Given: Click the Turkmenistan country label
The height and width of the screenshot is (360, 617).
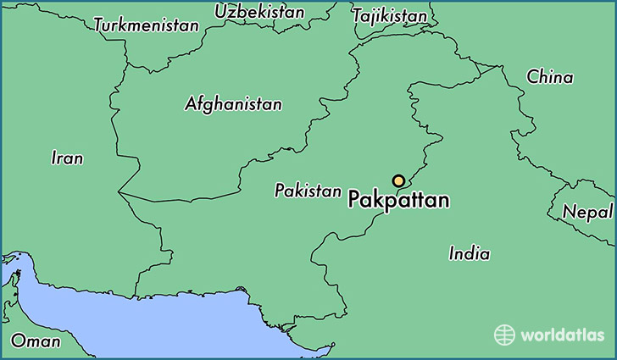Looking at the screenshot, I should coord(146,25).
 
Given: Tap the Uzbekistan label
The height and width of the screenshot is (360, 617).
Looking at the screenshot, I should coord(259,12).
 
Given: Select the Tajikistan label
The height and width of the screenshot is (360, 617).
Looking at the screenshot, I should coord(389,16).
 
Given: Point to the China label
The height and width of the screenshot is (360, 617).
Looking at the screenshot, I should coord(549,77).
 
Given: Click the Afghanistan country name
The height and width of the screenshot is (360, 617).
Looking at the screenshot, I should coord(233,104).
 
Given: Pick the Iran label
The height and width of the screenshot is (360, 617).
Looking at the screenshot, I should coord(67,158).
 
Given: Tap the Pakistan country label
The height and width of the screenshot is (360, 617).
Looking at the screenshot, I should coord(307,191).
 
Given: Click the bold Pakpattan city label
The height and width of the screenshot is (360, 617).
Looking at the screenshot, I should coord(399,202).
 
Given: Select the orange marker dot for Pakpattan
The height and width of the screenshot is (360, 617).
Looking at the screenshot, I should coord(398,180).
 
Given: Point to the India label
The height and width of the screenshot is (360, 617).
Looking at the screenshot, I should coord(469,253).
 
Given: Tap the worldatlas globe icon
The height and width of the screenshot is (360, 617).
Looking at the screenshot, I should coord(505,335).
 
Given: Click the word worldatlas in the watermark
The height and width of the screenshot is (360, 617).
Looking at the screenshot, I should coord(563,336).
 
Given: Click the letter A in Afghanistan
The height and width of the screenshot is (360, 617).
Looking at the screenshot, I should coord(190,104).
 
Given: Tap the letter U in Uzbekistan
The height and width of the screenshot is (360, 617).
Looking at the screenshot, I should coord(221,12).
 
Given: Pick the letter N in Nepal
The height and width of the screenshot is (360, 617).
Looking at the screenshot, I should coord(568,211).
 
